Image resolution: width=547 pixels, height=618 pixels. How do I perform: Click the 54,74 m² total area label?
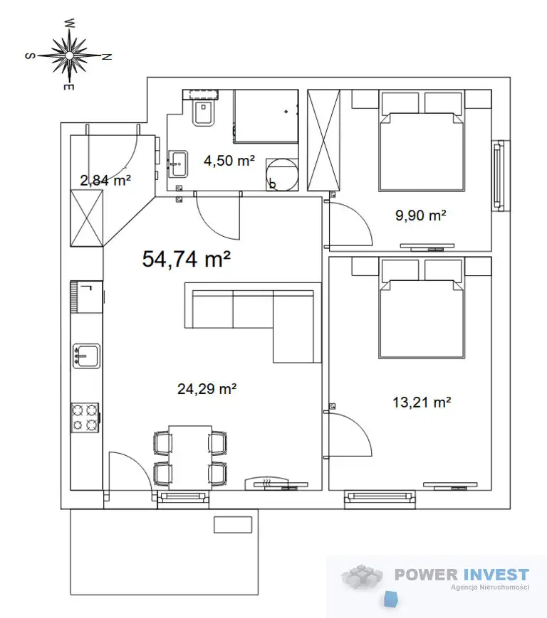click(x=187, y=260)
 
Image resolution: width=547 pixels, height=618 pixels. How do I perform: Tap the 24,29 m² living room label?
click(x=207, y=389)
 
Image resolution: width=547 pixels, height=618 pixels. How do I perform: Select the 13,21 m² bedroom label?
click(x=422, y=403)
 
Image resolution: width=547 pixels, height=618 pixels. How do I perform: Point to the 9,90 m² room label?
click(x=421, y=215)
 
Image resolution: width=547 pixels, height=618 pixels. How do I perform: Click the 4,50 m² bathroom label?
click(x=229, y=161)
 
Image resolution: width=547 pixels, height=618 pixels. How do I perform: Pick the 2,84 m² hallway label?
click(x=105, y=181)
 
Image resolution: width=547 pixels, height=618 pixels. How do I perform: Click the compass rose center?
click(x=69, y=55)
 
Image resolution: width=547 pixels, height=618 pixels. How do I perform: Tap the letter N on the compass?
click(x=107, y=57)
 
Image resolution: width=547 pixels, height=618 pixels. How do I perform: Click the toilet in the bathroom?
click(x=204, y=112)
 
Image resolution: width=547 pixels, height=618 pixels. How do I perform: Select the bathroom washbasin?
click(x=178, y=163)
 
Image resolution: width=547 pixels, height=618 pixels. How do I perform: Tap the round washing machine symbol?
click(x=282, y=174)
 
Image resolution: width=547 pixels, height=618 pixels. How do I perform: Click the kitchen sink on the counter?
click(x=86, y=356)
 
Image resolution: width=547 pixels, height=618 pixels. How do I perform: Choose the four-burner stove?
click(x=85, y=417)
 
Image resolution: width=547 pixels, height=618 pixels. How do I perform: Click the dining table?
click(x=190, y=457)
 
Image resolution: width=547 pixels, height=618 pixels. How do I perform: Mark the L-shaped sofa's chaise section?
click(x=297, y=326)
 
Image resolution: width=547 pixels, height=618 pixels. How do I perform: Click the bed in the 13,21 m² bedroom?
click(x=422, y=308)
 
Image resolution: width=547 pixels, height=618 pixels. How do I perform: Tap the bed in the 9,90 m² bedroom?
click(x=422, y=141)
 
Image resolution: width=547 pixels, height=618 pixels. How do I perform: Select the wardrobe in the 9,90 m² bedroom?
click(x=323, y=140)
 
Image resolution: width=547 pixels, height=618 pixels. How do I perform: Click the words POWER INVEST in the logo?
click(x=462, y=575)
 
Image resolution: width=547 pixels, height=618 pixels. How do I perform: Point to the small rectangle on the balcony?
click(x=233, y=525)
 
